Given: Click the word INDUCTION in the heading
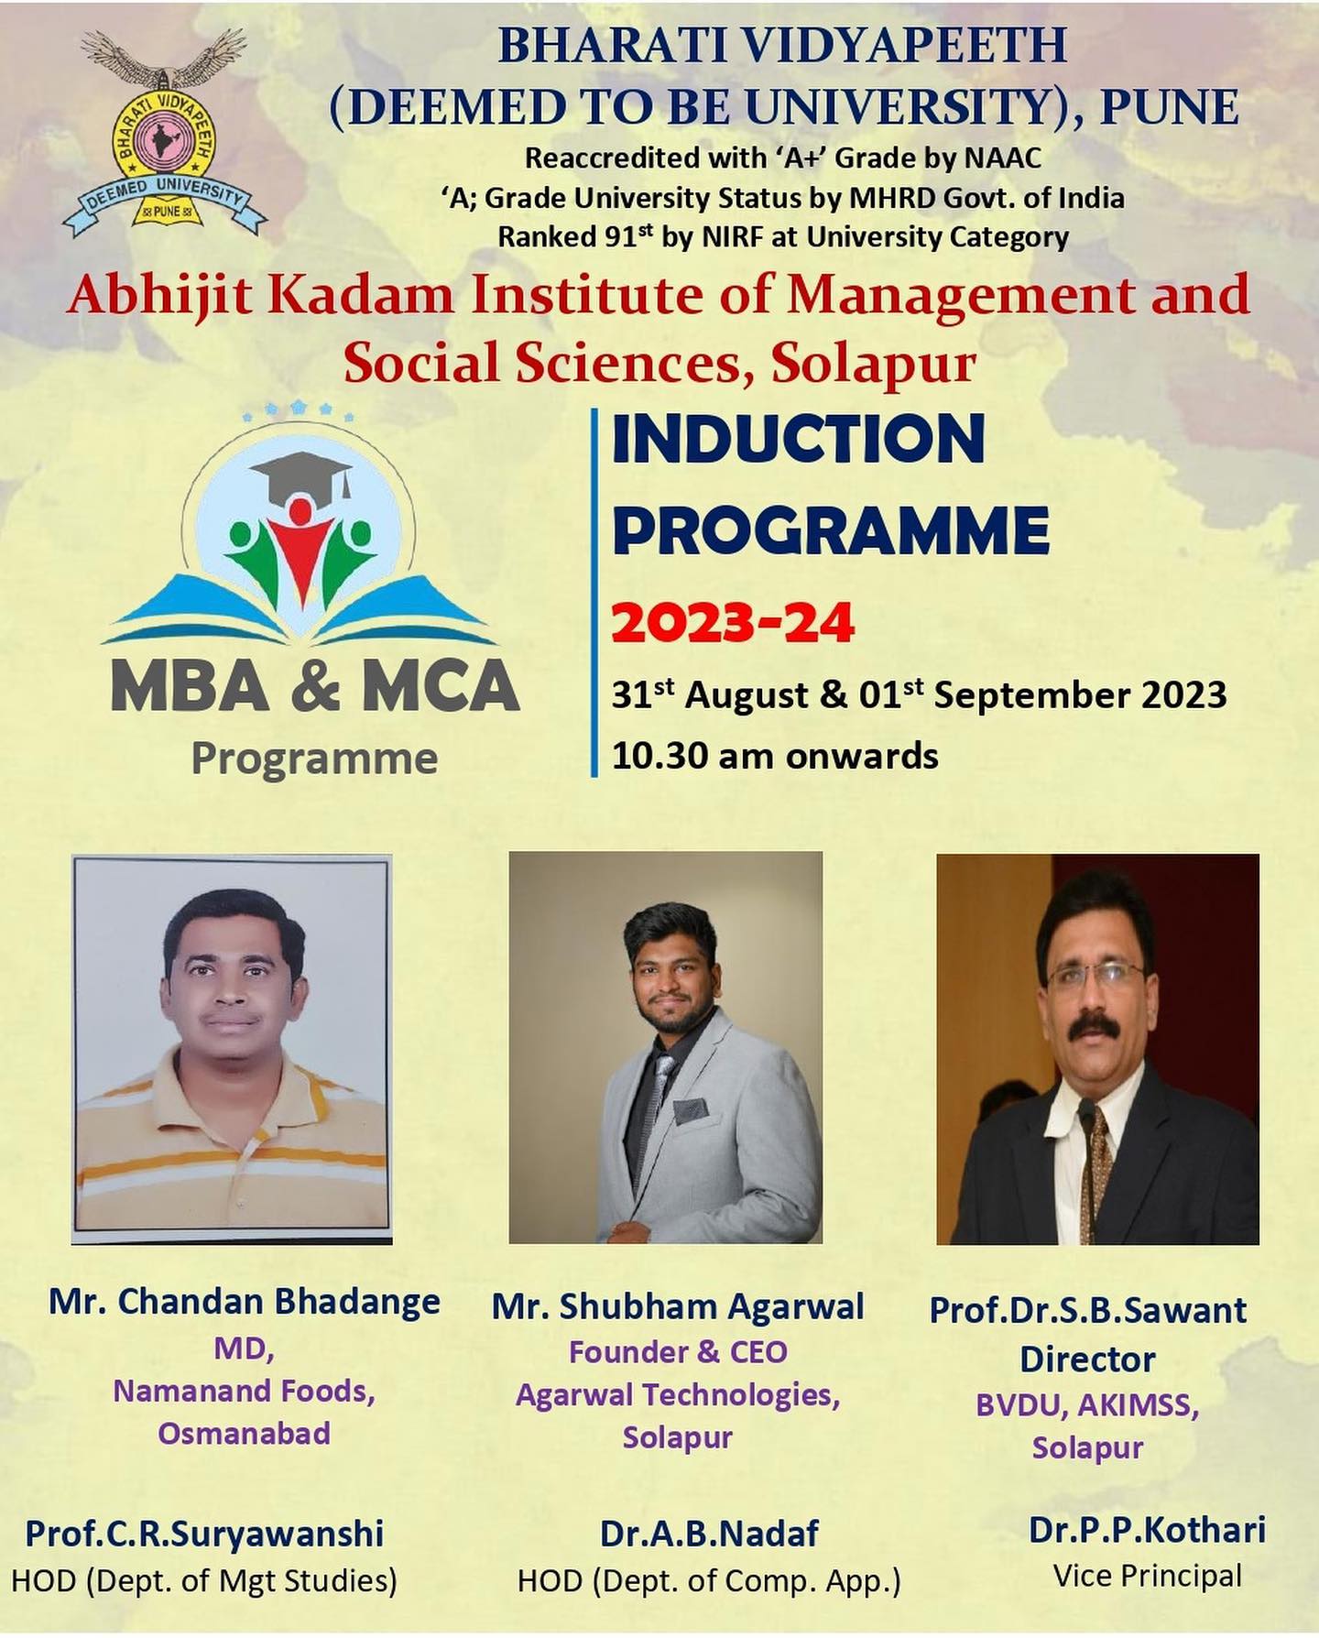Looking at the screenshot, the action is [x=798, y=439].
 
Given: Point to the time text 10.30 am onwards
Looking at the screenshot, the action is [x=775, y=757].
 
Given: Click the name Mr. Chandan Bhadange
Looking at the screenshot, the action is [x=245, y=1301].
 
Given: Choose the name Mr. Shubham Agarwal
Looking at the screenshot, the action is [x=678, y=1306].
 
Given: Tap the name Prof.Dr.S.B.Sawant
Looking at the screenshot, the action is [x=1088, y=1310].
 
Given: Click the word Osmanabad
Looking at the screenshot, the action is [x=244, y=1434].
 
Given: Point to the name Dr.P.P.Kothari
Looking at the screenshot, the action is [x=1147, y=1530].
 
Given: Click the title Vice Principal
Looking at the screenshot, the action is [x=1147, y=1577].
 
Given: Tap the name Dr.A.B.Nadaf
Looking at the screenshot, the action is [x=710, y=1534].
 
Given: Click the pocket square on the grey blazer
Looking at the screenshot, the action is [x=691, y=1111].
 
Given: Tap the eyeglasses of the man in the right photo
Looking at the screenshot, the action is [x=1096, y=977].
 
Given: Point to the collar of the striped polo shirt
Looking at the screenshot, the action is [x=234, y=1063].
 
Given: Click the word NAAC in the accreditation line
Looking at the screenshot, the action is [x=1003, y=158].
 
